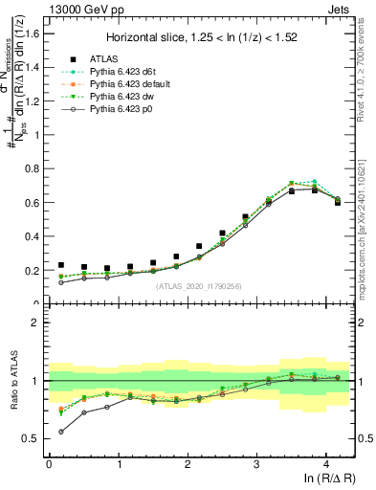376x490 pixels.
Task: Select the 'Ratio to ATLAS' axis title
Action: click(x=14, y=382)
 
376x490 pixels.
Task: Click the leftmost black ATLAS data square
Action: click(x=61, y=265)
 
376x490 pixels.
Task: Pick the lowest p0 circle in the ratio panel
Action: click(x=61, y=432)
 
